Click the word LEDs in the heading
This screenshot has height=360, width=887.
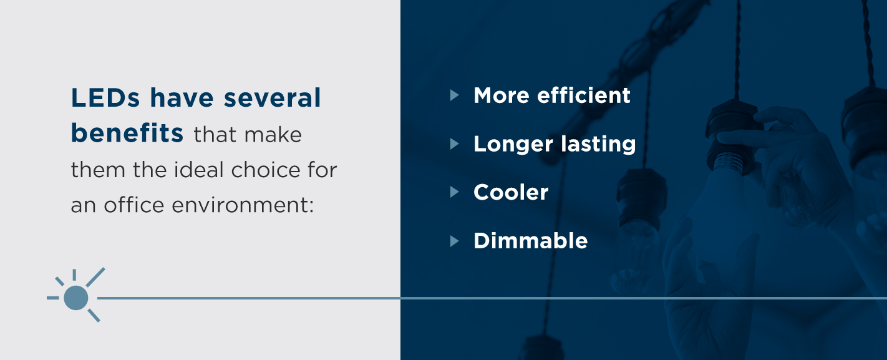[105, 97]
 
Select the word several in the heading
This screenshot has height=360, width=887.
[272, 97]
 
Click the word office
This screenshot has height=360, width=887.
[134, 205]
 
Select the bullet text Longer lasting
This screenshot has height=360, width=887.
[555, 144]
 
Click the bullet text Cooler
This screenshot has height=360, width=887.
[511, 192]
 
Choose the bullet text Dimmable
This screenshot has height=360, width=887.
[530, 240]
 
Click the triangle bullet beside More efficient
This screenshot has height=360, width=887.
[454, 95]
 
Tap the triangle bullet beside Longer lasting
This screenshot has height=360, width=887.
[454, 144]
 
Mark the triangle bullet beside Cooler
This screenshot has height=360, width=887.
[454, 192]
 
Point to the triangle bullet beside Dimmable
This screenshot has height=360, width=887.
[454, 241]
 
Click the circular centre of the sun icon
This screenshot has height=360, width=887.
[75, 298]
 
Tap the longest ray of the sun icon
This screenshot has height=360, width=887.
[95, 277]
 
